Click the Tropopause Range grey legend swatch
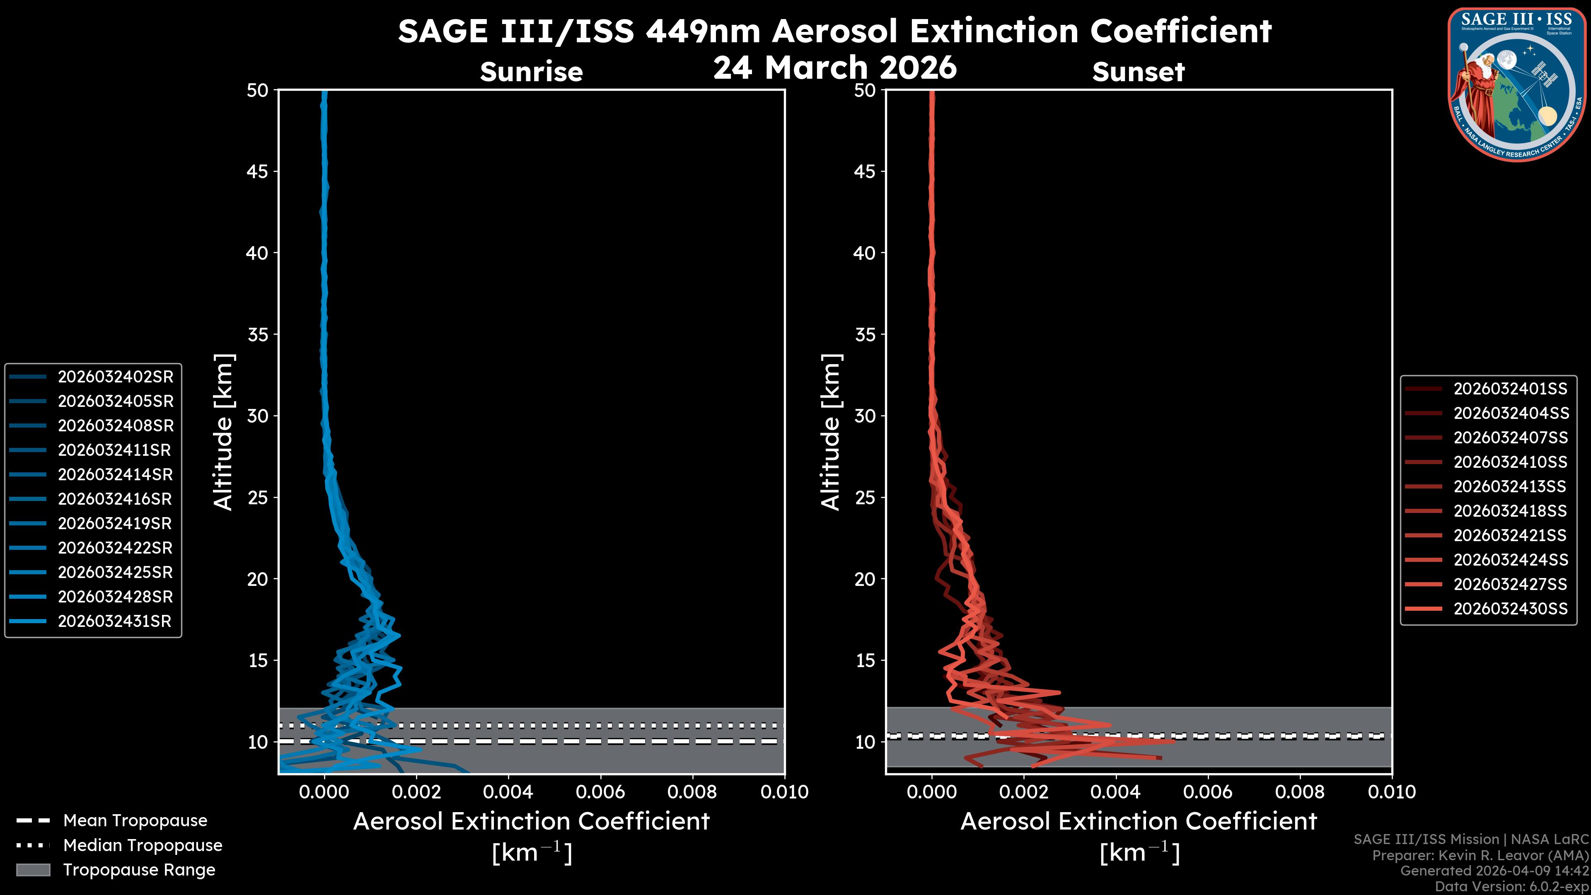click(33, 870)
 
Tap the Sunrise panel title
click(531, 72)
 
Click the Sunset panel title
click(1138, 72)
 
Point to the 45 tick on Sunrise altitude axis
click(257, 171)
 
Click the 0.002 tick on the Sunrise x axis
click(416, 792)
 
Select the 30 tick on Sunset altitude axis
click(865, 416)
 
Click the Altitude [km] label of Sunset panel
click(831, 432)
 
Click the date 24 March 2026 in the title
click(834, 67)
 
